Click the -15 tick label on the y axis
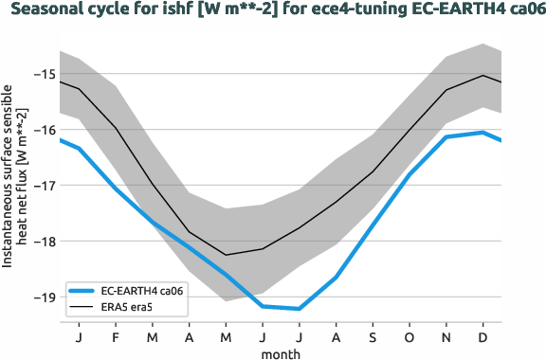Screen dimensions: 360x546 coord(43,74)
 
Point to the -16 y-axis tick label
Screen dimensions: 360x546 coord(43,130)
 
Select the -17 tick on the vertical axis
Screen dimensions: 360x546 coord(43,186)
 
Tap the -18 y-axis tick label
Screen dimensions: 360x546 coord(43,241)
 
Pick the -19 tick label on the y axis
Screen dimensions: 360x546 coord(43,297)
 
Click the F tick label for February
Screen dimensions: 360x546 coord(116,336)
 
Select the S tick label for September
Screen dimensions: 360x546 coord(373,336)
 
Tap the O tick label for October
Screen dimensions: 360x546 coord(409,336)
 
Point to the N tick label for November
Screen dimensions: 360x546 coord(446,336)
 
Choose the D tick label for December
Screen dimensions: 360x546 coord(483,336)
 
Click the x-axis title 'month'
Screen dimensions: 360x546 coord(282,352)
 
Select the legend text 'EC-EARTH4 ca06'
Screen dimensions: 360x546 coord(140,291)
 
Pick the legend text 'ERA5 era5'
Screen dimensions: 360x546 coord(126,307)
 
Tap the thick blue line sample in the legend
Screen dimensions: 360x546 coord(81,291)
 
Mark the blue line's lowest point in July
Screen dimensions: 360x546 coord(300,309)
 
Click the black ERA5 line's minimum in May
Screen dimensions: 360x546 coord(226,255)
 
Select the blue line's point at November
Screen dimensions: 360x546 coord(446,137)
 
